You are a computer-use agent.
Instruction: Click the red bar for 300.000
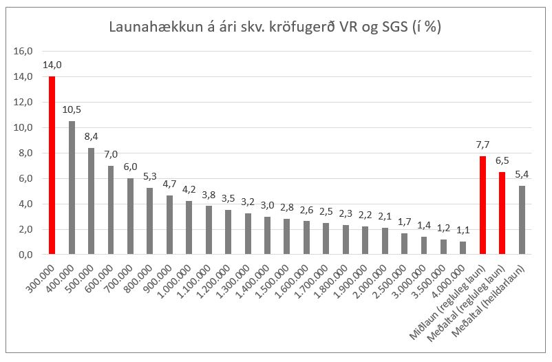click(x=52, y=165)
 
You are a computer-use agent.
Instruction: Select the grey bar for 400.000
click(x=72, y=188)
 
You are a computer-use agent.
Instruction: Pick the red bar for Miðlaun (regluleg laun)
click(x=483, y=205)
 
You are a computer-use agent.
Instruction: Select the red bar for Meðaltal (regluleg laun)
click(x=502, y=213)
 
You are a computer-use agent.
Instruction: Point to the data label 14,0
click(x=52, y=66)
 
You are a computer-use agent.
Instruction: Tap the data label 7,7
click(x=483, y=146)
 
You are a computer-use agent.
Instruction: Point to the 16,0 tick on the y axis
click(x=24, y=51)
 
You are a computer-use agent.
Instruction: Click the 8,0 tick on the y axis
click(x=25, y=153)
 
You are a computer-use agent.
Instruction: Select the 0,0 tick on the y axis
click(x=25, y=255)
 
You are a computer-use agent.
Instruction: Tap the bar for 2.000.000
click(x=385, y=241)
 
